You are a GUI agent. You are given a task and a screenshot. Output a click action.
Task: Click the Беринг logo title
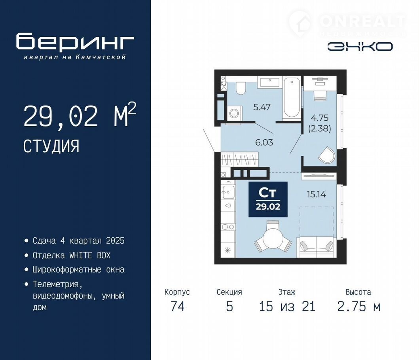75,42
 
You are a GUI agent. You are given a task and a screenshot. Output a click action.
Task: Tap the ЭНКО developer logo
360,47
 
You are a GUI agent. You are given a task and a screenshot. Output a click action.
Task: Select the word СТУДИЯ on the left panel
51,146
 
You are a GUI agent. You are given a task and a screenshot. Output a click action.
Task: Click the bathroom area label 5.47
262,107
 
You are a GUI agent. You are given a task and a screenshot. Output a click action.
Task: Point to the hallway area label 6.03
264,142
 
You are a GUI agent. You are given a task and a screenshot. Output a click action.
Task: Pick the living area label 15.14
317,194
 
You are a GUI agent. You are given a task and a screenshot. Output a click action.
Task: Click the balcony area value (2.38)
320,129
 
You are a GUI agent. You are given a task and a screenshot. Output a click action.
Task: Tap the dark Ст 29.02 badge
268,199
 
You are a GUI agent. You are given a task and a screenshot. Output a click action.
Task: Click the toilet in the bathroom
241,88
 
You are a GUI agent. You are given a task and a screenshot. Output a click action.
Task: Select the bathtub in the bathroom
292,98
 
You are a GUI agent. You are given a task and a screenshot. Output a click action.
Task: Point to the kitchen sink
228,192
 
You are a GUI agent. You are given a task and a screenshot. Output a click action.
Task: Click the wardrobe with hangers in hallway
240,160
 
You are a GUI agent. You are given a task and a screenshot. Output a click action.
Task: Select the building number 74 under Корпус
177,306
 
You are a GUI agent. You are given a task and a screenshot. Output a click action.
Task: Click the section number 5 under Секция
229,306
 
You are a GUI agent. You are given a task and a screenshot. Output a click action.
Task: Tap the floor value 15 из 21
287,306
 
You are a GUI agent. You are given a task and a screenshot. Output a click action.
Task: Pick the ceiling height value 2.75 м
358,306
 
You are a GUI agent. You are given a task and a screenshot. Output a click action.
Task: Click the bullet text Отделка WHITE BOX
72,255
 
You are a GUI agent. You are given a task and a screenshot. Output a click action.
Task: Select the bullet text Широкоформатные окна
79,269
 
